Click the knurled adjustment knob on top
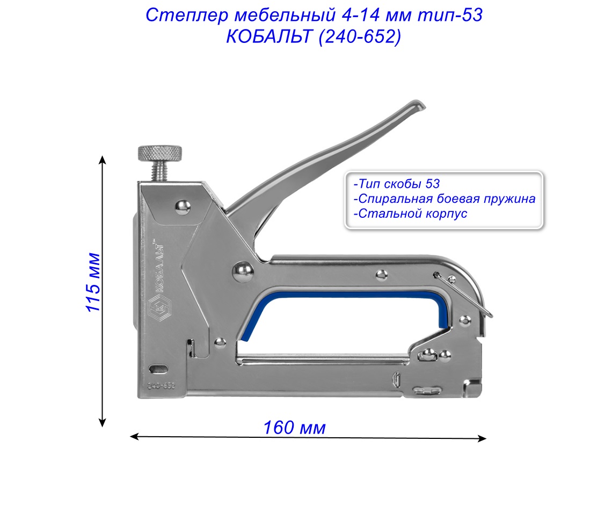[159, 153]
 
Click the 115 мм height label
[93, 282]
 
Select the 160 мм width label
[294, 428]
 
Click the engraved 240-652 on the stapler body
[162, 386]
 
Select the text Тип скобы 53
[397, 184]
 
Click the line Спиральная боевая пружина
[445, 199]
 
